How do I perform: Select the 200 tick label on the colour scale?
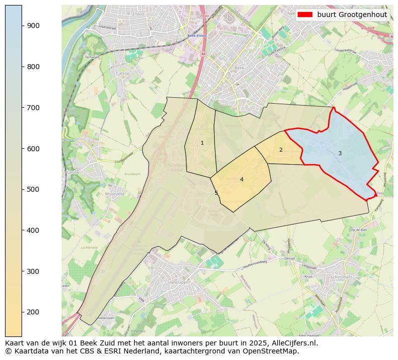click(33, 312)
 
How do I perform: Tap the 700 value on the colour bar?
click(33, 108)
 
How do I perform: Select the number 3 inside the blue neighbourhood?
click(340, 153)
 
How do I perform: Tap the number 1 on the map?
click(202, 143)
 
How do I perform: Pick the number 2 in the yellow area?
click(281, 150)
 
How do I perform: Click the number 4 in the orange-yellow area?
click(242, 179)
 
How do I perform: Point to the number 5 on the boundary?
click(217, 193)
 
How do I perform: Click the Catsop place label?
click(123, 74)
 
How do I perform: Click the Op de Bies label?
click(359, 229)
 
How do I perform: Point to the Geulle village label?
click(73, 172)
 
